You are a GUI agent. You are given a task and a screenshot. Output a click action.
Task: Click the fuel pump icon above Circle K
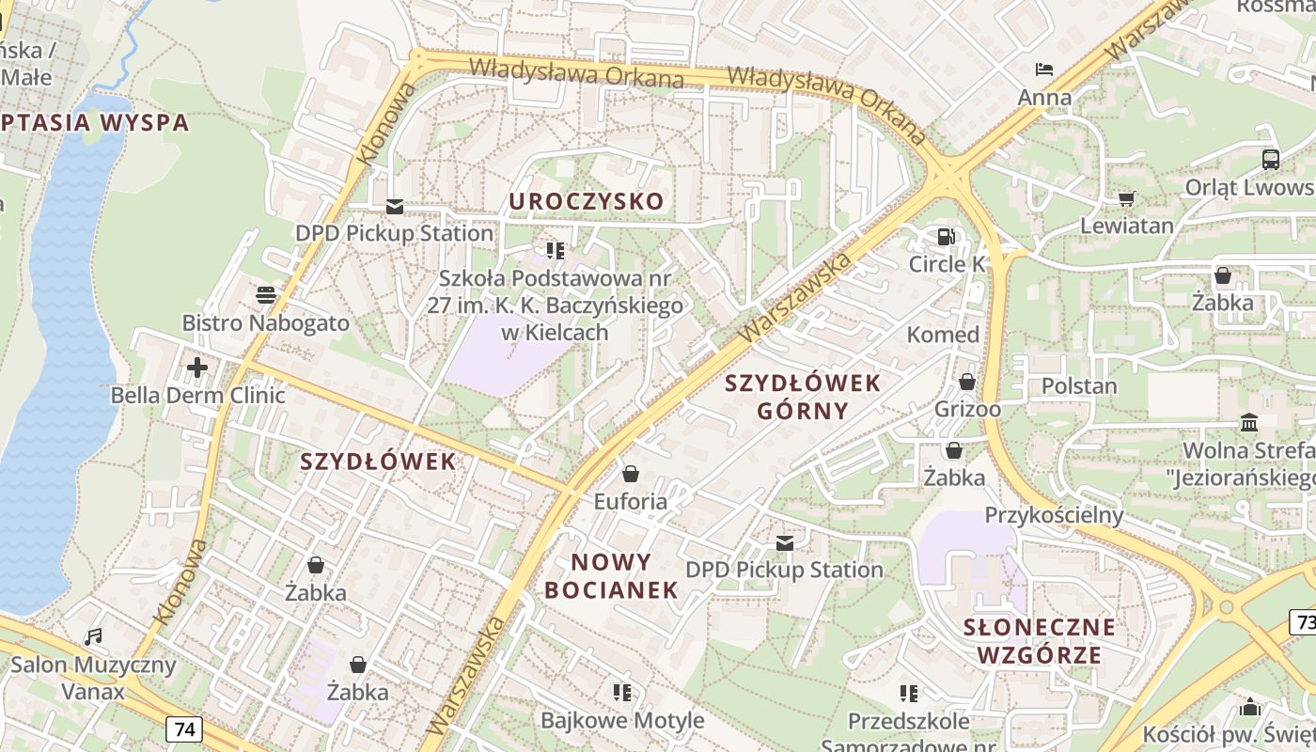click(x=945, y=237)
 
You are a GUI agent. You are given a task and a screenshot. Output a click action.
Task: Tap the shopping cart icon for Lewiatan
click(x=1126, y=198)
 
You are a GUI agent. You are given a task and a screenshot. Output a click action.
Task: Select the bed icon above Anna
click(x=1043, y=70)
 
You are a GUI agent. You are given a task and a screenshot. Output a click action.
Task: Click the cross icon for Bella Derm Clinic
click(x=197, y=367)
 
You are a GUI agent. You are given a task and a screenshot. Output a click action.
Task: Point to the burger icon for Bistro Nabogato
click(x=265, y=295)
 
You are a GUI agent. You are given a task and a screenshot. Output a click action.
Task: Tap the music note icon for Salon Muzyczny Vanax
click(x=93, y=637)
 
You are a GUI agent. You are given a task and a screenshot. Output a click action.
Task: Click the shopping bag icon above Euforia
click(x=630, y=474)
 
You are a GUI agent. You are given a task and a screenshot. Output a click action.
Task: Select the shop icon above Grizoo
click(x=966, y=382)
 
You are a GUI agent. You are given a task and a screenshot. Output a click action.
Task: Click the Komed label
click(x=943, y=335)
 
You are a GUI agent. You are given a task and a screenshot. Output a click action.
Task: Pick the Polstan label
click(x=1079, y=386)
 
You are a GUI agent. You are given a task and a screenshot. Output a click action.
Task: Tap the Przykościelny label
click(x=1054, y=515)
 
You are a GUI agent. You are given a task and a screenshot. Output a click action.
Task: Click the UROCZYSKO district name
click(x=587, y=201)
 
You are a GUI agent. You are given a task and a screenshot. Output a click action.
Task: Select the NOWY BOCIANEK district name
click(x=612, y=576)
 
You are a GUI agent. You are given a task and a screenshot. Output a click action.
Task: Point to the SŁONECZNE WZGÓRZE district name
click(x=1040, y=641)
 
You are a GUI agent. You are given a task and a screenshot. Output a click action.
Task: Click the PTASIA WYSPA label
click(x=94, y=122)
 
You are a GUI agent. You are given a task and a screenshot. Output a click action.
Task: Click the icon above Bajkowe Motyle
click(x=620, y=693)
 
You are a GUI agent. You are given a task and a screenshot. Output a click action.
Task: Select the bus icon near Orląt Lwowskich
click(x=1271, y=159)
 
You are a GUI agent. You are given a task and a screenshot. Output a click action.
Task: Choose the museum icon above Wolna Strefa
click(x=1249, y=423)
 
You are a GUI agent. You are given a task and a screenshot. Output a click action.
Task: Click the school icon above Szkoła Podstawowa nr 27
click(x=556, y=250)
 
